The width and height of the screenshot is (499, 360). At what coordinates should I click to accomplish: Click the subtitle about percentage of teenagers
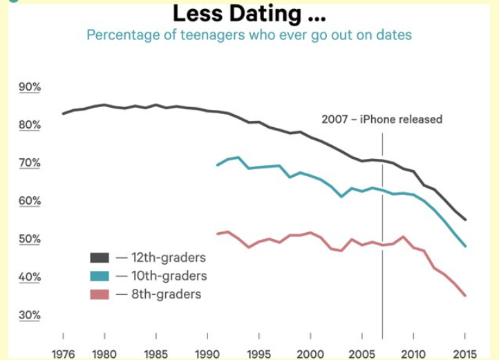[x=249, y=35]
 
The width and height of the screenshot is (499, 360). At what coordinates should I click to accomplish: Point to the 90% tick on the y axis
[x=30, y=87]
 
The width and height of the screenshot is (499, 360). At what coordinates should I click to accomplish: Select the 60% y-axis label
[x=30, y=201]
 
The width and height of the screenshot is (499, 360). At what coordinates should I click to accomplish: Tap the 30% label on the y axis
[x=30, y=315]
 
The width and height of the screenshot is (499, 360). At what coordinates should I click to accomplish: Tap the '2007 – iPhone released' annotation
[x=382, y=119]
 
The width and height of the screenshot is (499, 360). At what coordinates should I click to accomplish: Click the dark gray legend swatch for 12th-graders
[x=100, y=258]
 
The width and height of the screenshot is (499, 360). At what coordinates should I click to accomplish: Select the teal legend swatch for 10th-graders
[x=100, y=276]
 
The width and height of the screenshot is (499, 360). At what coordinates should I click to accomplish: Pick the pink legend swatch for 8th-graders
[x=100, y=294]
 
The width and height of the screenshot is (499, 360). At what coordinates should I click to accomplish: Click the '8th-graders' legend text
[x=166, y=294]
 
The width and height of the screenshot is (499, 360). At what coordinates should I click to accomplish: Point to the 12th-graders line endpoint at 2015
[x=466, y=220]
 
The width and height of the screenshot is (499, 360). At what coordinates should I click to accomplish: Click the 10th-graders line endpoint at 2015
[x=466, y=246]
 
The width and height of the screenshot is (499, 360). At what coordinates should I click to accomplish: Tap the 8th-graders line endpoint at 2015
[x=466, y=296]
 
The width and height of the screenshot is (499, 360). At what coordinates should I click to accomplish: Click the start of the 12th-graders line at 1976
[x=63, y=113]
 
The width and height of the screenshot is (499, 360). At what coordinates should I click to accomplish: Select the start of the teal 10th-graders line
[x=217, y=165]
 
